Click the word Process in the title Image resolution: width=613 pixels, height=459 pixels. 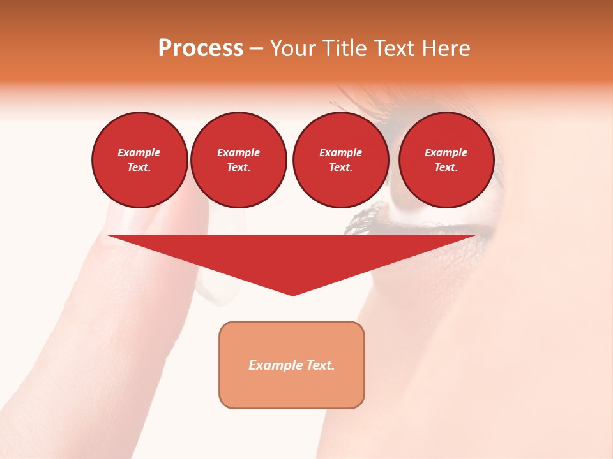pyautogui.click(x=201, y=48)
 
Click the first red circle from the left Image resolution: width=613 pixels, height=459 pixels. pyautogui.click(x=139, y=159)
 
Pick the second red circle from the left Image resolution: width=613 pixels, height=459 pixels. pyautogui.click(x=239, y=159)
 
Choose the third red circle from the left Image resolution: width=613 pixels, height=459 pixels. pyautogui.click(x=340, y=159)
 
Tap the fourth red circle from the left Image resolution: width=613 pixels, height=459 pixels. pyautogui.click(x=446, y=159)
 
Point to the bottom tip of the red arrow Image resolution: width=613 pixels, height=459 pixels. pyautogui.click(x=292, y=295)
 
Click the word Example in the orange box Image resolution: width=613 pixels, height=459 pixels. pyautogui.click(x=275, y=365)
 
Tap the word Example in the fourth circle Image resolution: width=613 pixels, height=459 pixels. pyautogui.click(x=446, y=152)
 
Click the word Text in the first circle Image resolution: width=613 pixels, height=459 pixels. pyautogui.click(x=138, y=167)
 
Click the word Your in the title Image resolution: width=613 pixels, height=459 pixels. pyautogui.click(x=292, y=48)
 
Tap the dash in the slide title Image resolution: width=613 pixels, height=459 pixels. pyautogui.click(x=256, y=48)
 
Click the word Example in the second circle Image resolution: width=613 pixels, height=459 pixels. pyautogui.click(x=239, y=152)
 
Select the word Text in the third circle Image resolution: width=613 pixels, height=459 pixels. pyautogui.click(x=340, y=167)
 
